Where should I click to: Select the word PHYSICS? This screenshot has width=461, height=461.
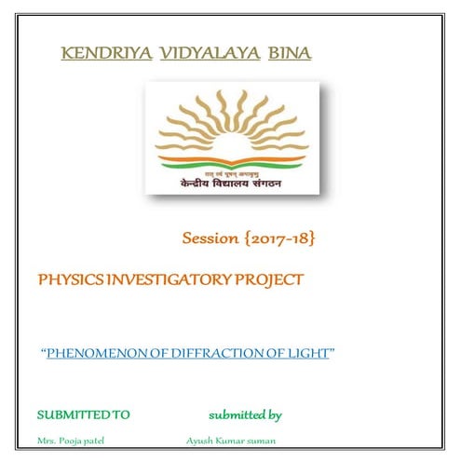click(68, 278)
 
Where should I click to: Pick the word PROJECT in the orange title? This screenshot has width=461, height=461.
click(271, 278)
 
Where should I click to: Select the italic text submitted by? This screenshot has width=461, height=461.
click(245, 413)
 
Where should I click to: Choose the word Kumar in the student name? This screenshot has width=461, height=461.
click(231, 440)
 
